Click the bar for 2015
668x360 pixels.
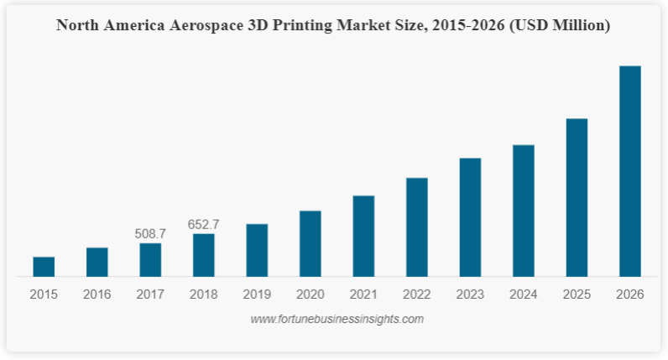coord(44,267)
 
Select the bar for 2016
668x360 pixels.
coord(97,262)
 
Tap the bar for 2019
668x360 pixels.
coord(257,250)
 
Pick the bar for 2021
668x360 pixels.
coord(363,236)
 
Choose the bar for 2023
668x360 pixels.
coord(470,217)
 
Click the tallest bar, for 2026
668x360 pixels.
coord(630,171)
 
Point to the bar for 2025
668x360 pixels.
coord(577,197)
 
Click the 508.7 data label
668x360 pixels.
coord(150,233)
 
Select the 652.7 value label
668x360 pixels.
coord(204,224)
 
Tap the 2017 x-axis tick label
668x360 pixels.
coord(150,295)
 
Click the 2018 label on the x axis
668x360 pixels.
coord(204,295)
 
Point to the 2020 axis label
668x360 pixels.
coord(311,295)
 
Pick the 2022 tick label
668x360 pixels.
coord(417,295)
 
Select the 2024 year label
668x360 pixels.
coord(524,295)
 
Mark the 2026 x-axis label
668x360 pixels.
coord(630,295)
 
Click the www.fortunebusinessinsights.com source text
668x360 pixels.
coord(337,319)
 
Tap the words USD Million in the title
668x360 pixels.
coord(561,26)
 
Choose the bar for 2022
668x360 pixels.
coord(417,227)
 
